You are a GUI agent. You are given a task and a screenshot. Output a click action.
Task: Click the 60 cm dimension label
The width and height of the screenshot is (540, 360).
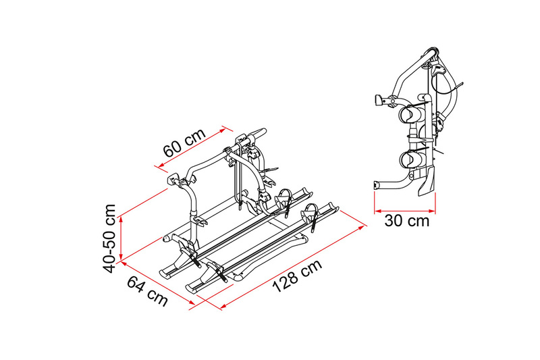coord(184,142)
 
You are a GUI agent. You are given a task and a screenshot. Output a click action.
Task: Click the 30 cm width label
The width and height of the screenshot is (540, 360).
coord(407,220)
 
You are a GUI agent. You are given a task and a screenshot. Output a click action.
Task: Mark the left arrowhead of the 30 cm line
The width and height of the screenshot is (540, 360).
coord(377,210)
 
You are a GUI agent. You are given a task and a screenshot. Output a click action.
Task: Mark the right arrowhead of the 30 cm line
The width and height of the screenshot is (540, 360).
coord(433,210)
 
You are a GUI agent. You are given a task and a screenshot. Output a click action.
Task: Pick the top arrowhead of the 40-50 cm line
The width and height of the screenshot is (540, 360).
coord(121,220)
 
